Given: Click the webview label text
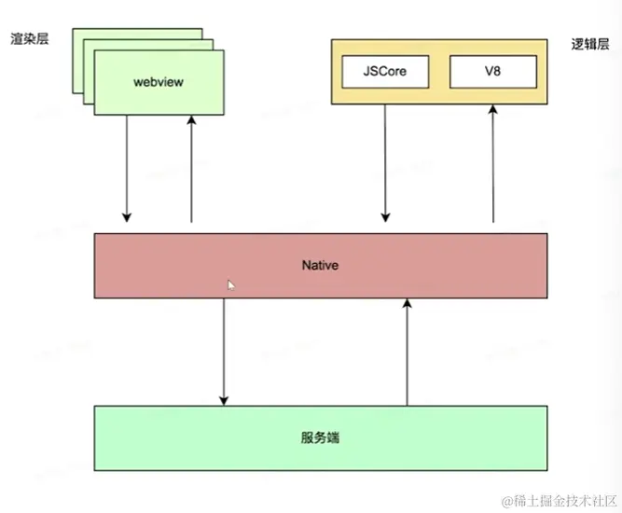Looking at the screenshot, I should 159,82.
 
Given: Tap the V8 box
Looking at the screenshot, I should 492,70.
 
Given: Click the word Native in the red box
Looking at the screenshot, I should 320,266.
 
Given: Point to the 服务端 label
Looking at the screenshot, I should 320,436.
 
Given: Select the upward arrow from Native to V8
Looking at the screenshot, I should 492,163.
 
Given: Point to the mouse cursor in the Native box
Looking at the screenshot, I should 230,284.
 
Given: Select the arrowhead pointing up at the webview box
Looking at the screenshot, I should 191,120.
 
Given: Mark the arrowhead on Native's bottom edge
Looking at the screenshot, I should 407,303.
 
